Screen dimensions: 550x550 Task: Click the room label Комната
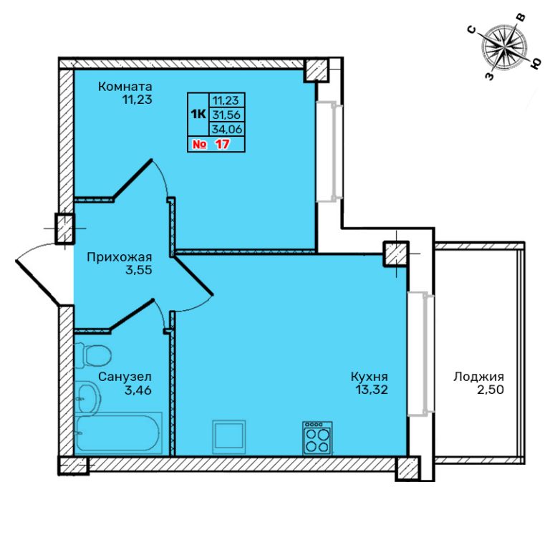[125, 86]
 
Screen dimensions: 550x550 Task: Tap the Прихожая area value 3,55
[138, 271]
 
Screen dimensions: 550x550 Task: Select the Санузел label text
[125, 377]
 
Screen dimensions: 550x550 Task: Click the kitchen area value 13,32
[372, 390]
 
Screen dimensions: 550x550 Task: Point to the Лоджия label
[478, 377]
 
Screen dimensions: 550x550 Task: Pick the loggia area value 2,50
[490, 390]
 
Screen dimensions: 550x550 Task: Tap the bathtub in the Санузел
[118, 433]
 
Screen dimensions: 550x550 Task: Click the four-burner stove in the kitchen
[317, 438]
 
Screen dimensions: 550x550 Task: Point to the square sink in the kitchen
[229, 437]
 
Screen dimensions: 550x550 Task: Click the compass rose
[503, 48]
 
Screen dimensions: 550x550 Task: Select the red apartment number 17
[223, 144]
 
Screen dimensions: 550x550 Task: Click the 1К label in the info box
[198, 114]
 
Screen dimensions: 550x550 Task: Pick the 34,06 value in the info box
[227, 129]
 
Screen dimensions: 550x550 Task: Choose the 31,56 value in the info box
[227, 115]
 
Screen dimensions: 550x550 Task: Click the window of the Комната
[329, 152]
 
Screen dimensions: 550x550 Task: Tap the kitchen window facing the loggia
[420, 354]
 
